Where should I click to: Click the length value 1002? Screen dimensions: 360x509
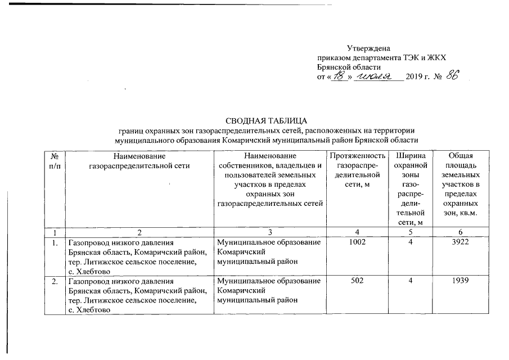coord(357,243)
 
